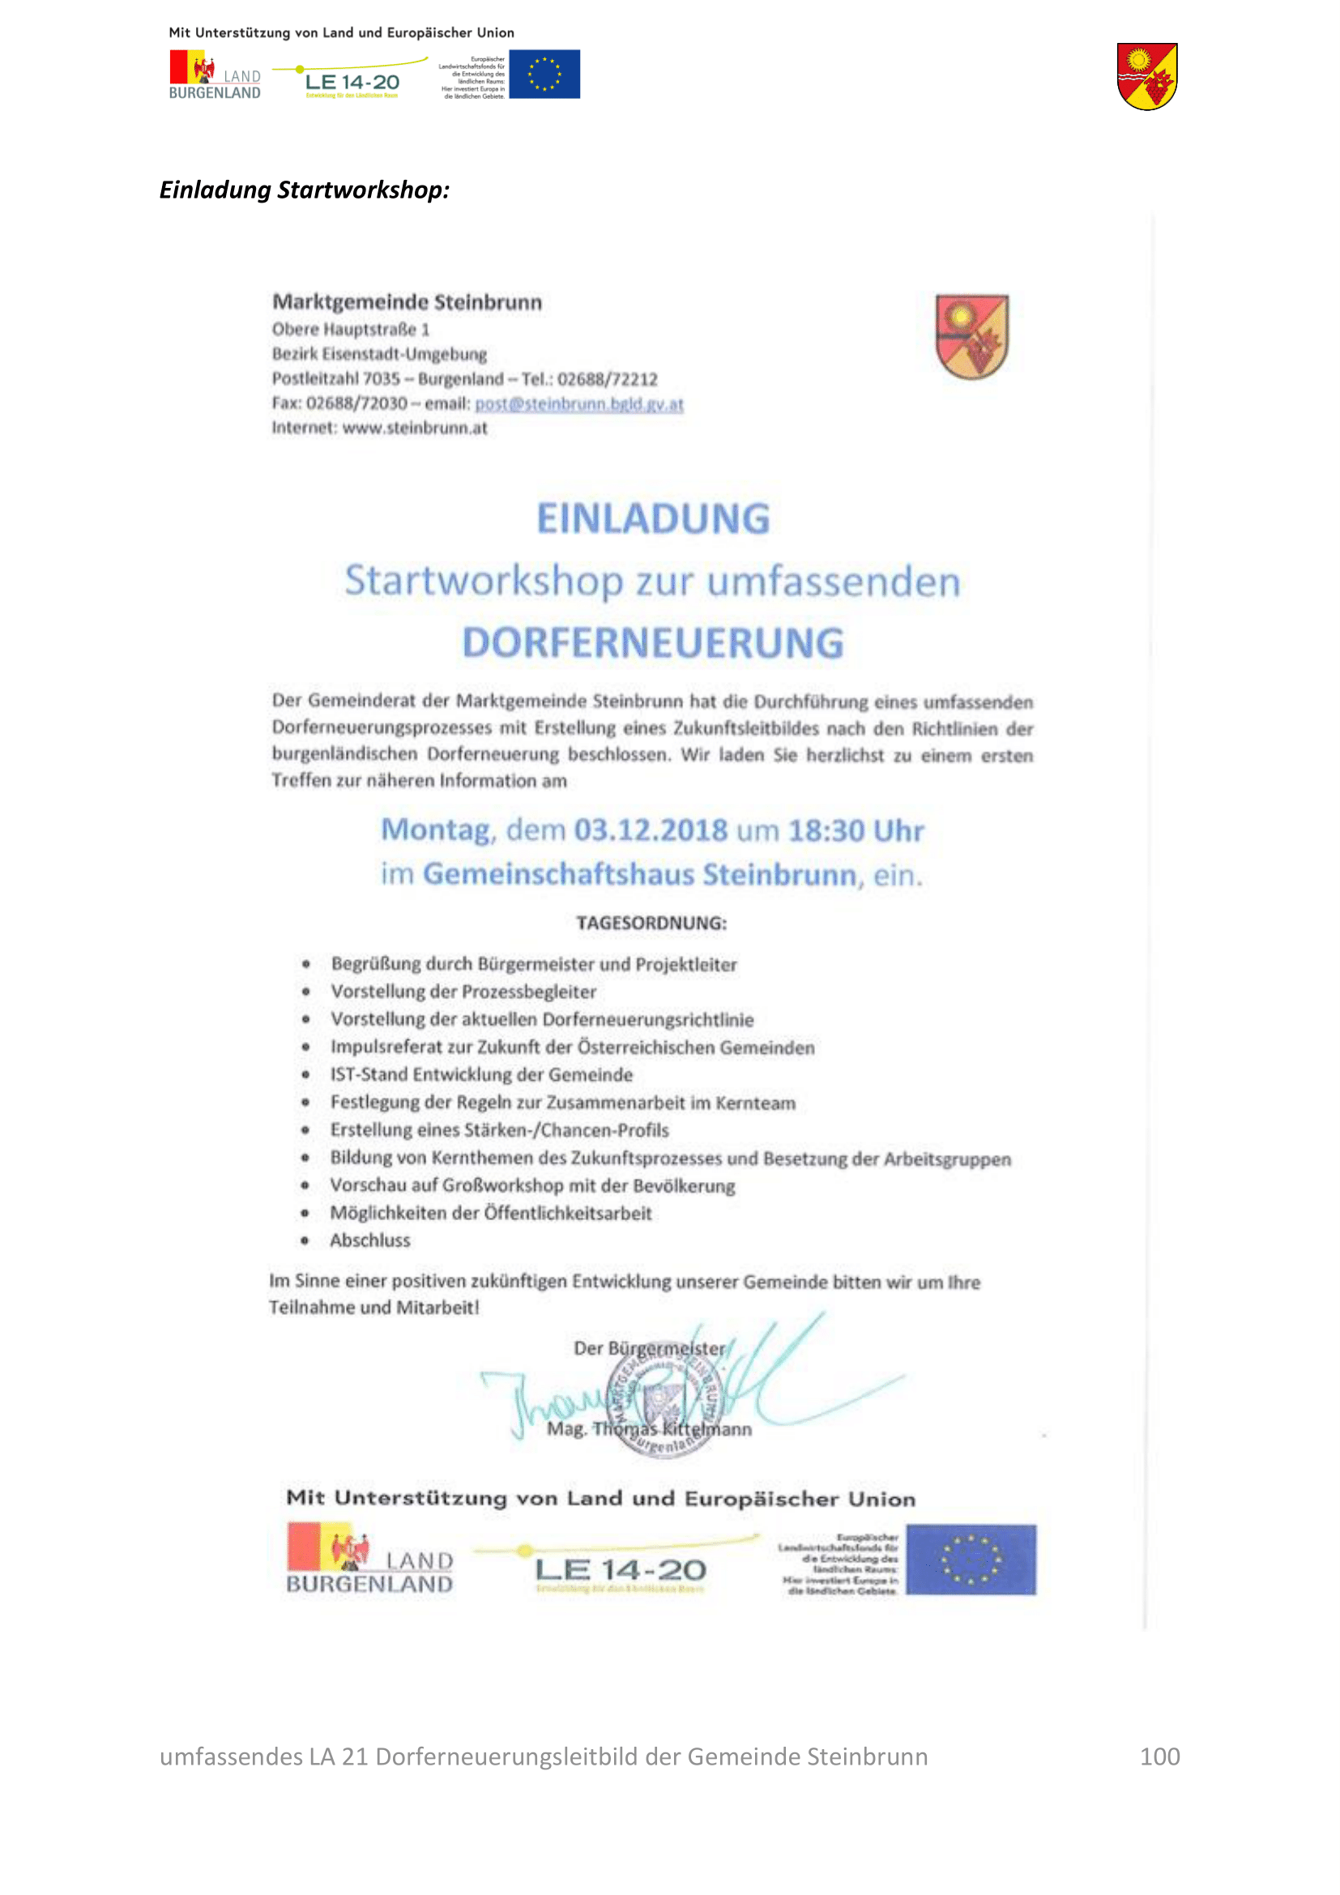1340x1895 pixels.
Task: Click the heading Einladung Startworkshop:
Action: (305, 190)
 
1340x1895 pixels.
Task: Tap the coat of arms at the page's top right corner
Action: (1147, 76)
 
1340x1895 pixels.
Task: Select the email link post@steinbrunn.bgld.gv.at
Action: (578, 403)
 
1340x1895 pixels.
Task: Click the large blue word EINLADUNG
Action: (653, 519)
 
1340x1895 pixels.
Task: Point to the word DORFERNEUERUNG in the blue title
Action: (653, 643)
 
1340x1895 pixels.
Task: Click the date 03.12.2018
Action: (651, 830)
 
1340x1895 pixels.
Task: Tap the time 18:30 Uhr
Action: (856, 830)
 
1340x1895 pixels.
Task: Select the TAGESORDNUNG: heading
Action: (651, 923)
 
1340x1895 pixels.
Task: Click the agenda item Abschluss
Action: (369, 1240)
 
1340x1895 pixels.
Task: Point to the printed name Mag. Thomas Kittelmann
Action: (650, 1428)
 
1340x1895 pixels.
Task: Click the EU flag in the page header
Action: (544, 75)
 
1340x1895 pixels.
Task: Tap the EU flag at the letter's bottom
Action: (971, 1559)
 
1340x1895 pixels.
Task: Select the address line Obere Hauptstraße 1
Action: (351, 329)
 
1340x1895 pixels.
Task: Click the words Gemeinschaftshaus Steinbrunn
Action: (639, 874)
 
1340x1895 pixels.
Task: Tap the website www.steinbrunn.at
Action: (414, 428)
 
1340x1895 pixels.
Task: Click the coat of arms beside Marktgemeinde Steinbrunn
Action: (971, 336)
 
